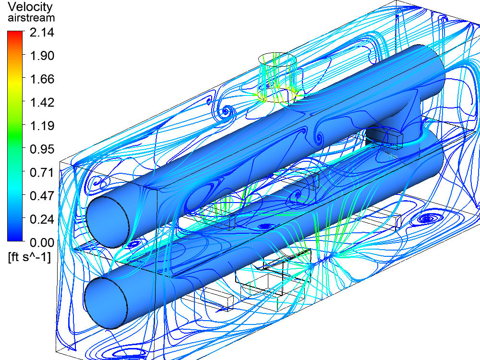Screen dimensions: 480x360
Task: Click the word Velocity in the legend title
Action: (x=30, y=7)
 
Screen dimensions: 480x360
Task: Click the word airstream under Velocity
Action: (x=31, y=18)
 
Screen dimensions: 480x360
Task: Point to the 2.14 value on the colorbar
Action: (x=42, y=32)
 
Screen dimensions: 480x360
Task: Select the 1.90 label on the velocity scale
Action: (x=42, y=55)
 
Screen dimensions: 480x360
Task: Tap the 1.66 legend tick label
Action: (x=42, y=79)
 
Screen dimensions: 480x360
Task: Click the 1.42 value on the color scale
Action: (x=42, y=102)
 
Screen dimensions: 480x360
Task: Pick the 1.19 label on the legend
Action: (x=42, y=125)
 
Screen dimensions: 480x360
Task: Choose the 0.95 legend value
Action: (x=42, y=149)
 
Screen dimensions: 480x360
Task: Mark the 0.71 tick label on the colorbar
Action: (x=42, y=172)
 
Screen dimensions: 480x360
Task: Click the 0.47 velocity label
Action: (x=42, y=196)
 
